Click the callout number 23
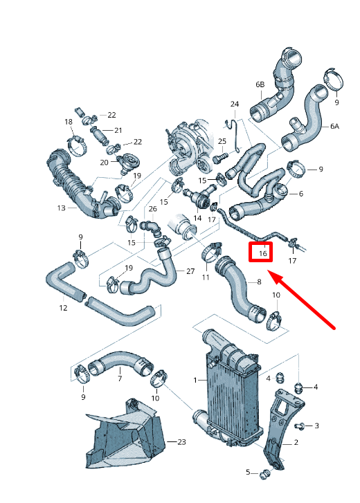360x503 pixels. [181, 441]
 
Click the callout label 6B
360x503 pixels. [260, 84]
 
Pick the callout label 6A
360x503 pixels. [335, 127]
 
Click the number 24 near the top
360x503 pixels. [234, 104]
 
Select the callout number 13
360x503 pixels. [62, 208]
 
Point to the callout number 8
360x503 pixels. [259, 282]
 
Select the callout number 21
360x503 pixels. [118, 130]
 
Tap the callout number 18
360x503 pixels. [69, 122]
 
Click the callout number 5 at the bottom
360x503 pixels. [248, 472]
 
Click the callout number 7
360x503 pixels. [119, 378]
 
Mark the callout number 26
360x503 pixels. [152, 209]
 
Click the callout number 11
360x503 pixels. [205, 277]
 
